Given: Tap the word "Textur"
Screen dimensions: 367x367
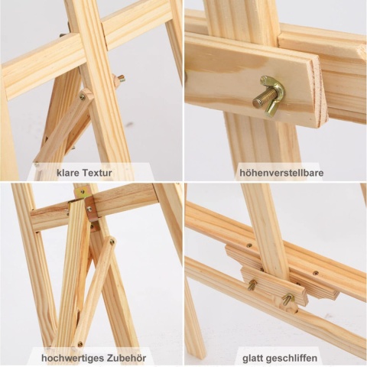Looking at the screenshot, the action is point(97,173).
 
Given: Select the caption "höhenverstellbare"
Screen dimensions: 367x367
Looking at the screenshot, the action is point(281,173).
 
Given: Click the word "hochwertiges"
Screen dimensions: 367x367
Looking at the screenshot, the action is point(72,358).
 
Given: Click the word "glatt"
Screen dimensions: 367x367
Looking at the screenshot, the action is point(252,358).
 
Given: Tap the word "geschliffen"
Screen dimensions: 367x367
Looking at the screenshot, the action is point(291,358).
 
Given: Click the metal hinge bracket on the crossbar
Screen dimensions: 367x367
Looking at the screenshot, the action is point(89,206).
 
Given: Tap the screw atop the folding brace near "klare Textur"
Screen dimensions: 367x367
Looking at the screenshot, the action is point(83,97).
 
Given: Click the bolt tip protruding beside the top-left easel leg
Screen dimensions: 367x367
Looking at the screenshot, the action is point(122,79).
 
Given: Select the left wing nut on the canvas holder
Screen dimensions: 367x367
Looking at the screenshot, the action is point(252,284).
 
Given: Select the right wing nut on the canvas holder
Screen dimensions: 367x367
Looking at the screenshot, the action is point(288,299).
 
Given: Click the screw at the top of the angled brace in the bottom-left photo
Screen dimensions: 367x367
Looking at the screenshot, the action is point(112,241).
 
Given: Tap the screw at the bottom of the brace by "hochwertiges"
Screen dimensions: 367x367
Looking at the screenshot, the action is point(80,345).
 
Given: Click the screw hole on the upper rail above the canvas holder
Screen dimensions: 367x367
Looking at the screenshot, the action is point(249,245).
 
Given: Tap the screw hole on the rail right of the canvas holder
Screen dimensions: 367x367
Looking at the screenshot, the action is point(316,273).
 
